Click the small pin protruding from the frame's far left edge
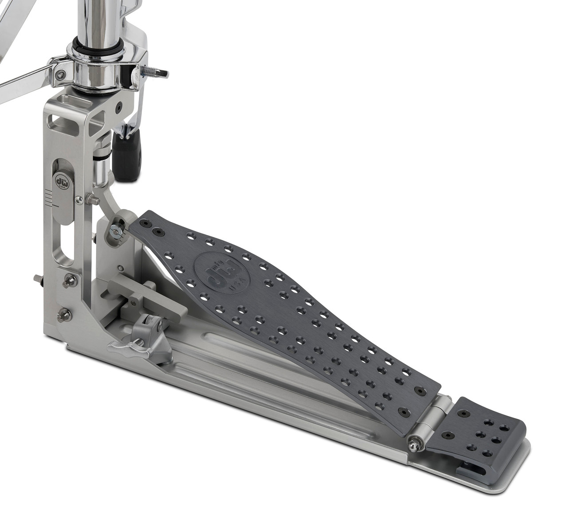click(x=37, y=277)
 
